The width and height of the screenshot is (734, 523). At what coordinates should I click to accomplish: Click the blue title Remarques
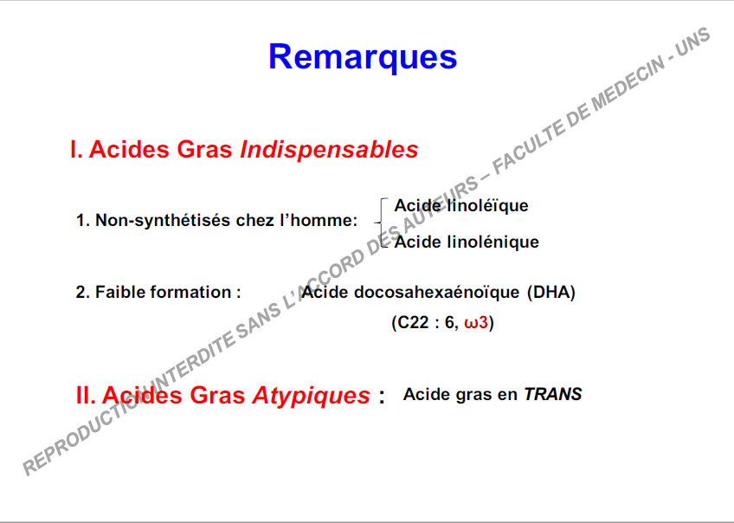click(x=363, y=58)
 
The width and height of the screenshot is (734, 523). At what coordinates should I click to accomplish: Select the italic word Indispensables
click(x=329, y=150)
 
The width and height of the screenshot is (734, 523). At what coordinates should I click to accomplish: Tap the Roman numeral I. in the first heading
click(x=76, y=150)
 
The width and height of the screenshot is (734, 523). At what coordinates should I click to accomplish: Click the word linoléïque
click(x=488, y=205)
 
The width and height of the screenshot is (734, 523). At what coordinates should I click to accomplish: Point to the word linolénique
click(x=493, y=242)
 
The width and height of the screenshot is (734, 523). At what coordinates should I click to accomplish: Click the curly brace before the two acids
click(x=382, y=223)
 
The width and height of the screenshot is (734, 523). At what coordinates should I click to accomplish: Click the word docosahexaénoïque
click(x=437, y=292)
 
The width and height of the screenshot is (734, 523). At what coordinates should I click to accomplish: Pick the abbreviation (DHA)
click(x=551, y=292)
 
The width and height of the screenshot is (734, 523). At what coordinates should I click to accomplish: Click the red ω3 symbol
click(x=476, y=323)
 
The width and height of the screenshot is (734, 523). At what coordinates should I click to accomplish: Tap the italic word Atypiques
click(x=312, y=396)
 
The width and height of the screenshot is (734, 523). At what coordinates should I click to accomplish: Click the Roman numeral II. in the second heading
click(x=86, y=395)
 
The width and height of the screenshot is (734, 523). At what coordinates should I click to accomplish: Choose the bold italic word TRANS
click(x=553, y=394)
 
